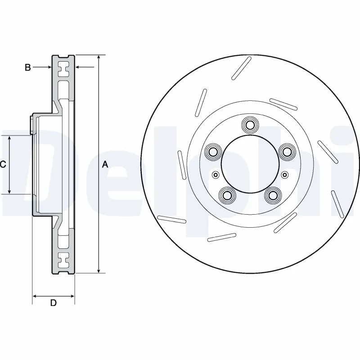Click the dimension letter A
click(105, 165)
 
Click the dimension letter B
click(28, 67)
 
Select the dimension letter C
click(3, 165)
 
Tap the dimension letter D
click(53, 303)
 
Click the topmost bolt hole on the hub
click(249, 124)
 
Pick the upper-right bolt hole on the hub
click(286, 152)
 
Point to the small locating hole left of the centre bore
click(216, 175)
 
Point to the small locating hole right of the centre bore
click(284, 175)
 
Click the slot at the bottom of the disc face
click(222, 237)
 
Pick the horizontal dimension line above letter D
click(53, 296)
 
